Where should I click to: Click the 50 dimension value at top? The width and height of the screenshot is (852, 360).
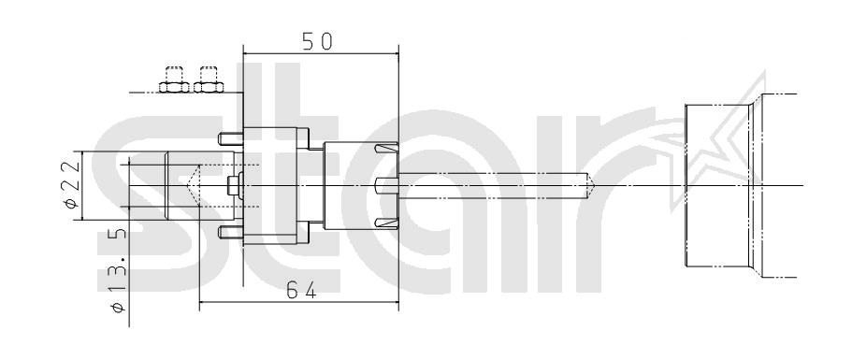point(317,42)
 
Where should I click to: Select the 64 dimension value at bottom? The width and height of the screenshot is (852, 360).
point(301,292)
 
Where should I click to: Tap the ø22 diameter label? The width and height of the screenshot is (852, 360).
point(72,185)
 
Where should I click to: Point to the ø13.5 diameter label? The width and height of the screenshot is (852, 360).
point(119,270)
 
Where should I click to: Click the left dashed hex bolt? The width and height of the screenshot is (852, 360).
point(174,80)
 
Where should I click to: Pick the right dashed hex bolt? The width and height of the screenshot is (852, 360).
point(209,80)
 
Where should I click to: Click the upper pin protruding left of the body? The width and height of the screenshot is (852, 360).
point(230,139)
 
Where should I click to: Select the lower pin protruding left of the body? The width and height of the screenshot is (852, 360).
point(230,233)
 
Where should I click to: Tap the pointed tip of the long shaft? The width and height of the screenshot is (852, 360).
point(595,185)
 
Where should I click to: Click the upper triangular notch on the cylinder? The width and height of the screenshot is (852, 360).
point(387,148)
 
